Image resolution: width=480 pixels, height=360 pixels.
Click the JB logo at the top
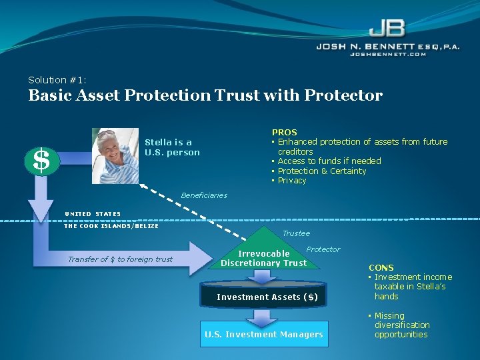[x=386, y=28]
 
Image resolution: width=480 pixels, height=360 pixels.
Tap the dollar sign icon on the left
[x=41, y=160]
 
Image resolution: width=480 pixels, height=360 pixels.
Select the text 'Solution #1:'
[x=57, y=79]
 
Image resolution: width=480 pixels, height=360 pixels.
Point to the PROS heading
[x=284, y=132]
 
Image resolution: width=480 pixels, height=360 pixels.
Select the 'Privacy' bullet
[x=292, y=180]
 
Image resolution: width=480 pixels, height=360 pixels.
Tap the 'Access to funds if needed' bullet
[x=329, y=161]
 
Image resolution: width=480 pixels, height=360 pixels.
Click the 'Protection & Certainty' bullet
[x=322, y=171]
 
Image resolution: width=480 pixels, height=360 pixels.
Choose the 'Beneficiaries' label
[x=204, y=195]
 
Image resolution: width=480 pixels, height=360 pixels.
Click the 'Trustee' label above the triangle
[x=296, y=233]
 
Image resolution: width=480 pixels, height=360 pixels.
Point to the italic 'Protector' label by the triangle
[x=323, y=249]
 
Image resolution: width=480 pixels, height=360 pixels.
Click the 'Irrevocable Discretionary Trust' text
[x=264, y=258]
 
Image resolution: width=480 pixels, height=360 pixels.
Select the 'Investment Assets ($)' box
[x=267, y=297]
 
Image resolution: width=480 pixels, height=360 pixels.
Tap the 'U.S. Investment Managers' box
[x=264, y=334]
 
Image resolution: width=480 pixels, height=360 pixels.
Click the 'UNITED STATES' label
[x=93, y=214]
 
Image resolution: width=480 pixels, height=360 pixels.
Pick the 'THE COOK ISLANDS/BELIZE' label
[x=111, y=226]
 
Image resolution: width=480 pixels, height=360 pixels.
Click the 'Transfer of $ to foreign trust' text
[x=120, y=259]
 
